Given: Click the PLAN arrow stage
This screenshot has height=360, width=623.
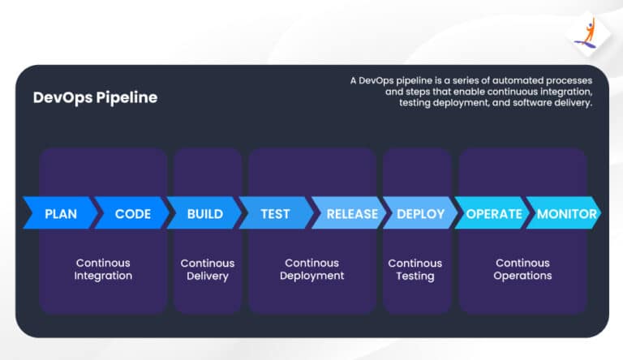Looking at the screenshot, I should pos(60,214).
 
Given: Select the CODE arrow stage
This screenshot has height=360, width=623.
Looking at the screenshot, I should pos(132,214).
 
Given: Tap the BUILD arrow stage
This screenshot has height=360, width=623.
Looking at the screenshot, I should pos(204,214).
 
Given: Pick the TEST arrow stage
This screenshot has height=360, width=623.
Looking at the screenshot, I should pos(275,214).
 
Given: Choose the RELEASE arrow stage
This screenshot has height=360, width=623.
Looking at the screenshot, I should pos(351,214).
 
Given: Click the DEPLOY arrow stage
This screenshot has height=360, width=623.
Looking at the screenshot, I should pos(420,214).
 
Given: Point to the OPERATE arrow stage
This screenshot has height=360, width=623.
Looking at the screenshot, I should pos(493,214).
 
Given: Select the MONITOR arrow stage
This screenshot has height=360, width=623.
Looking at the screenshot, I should pos(566,214).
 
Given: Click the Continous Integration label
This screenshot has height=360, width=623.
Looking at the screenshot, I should pos(103,269).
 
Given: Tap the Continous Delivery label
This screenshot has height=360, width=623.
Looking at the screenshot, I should pos(207,269).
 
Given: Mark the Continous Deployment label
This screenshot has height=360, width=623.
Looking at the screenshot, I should pos(311,269).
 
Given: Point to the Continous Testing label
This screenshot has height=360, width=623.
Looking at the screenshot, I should pos(415,269).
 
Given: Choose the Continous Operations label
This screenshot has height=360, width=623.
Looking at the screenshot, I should pos(523,269).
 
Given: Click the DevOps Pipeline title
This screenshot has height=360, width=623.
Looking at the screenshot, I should pos(95,98).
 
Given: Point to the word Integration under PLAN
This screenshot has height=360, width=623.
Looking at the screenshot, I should pos(103,276).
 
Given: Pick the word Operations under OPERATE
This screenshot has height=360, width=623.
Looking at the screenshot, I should pos(523,276).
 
